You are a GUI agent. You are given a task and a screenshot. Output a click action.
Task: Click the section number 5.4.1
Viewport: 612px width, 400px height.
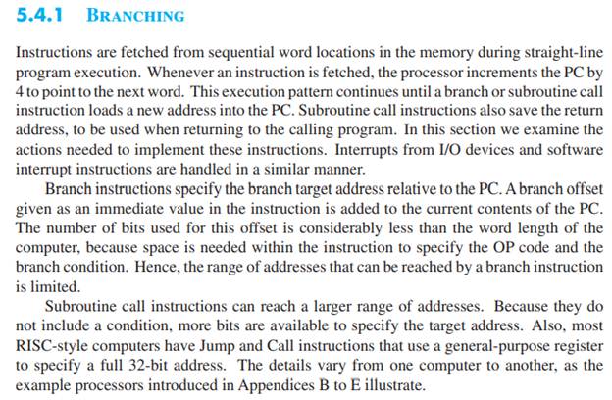tap(39, 16)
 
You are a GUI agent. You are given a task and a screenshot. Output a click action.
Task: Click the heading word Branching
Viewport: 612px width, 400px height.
tap(135, 16)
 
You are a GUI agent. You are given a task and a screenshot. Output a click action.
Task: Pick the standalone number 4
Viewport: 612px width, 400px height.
tap(20, 92)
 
